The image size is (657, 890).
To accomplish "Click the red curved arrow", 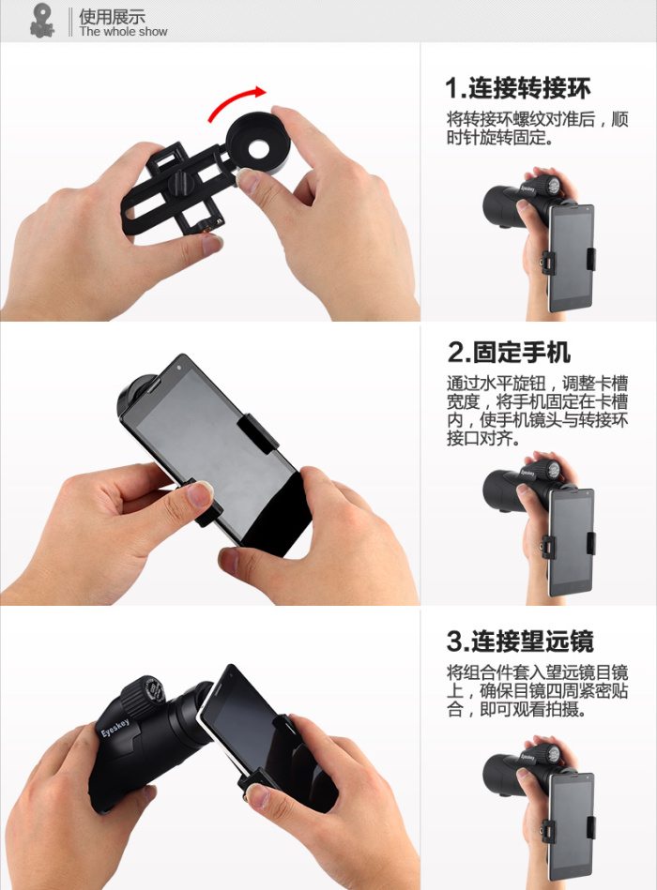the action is [x=233, y=98].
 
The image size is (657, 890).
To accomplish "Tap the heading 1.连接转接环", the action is [x=518, y=88].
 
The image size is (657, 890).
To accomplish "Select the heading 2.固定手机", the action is [x=509, y=352].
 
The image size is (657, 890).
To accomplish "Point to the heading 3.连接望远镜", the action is [x=520, y=641].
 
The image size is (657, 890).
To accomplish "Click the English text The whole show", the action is [x=123, y=32].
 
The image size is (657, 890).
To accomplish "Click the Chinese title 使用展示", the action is [x=112, y=16].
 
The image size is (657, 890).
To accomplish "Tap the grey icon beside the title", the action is [x=42, y=21].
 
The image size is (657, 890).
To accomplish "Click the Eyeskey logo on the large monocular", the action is [x=115, y=729].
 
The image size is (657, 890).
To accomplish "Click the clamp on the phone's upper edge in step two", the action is [x=257, y=432].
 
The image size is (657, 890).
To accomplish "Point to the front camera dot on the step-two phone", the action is [x=179, y=368].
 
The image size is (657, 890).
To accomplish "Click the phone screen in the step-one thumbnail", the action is [x=570, y=256].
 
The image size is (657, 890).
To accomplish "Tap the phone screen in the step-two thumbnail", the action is [x=570, y=541].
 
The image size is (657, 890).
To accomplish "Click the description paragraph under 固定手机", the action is [x=537, y=411].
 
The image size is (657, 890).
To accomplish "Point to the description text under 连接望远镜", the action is [x=537, y=691].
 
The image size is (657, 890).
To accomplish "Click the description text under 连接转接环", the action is [x=537, y=128].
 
